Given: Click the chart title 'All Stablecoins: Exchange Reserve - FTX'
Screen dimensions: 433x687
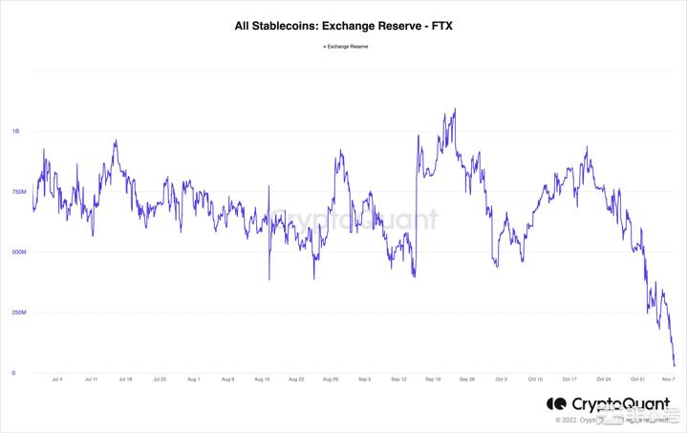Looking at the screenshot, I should coord(343,27).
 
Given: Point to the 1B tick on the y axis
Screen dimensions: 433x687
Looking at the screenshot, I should coord(14,131).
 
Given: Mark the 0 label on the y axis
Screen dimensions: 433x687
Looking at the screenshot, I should coord(13,373).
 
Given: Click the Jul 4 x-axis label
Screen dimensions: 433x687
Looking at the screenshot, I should coord(56,379).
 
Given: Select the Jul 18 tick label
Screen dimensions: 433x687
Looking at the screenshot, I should coord(124,379).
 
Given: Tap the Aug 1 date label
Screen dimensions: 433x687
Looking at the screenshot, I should coord(193,379).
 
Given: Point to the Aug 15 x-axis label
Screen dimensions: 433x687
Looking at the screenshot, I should coord(261,379).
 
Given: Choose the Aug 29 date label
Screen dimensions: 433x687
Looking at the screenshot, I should coord(330,379).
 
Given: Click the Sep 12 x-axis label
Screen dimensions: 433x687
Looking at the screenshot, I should coord(398,379).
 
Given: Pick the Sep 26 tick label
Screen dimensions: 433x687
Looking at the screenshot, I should coord(466,379).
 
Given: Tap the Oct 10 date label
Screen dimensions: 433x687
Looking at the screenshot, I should coord(535,379).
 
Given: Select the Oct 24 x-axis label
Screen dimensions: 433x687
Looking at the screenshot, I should coord(604,379).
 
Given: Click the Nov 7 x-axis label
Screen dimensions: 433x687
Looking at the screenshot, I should coord(670,379).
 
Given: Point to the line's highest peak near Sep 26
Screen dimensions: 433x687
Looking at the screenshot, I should coord(454,109).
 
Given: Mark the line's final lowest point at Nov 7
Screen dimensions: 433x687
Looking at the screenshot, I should coord(674,365).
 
